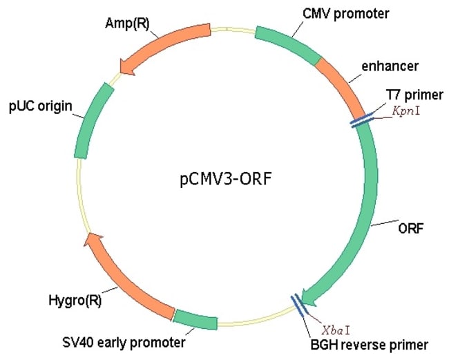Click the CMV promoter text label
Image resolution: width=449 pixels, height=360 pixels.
(336, 13)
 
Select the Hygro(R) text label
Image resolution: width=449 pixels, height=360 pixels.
(74, 301)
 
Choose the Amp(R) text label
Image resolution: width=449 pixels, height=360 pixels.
(126, 23)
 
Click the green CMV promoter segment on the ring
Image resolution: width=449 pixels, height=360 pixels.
(286, 41)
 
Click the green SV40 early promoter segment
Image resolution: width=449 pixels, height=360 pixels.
(194, 319)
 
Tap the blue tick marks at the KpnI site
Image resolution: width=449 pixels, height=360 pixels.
(361, 120)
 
